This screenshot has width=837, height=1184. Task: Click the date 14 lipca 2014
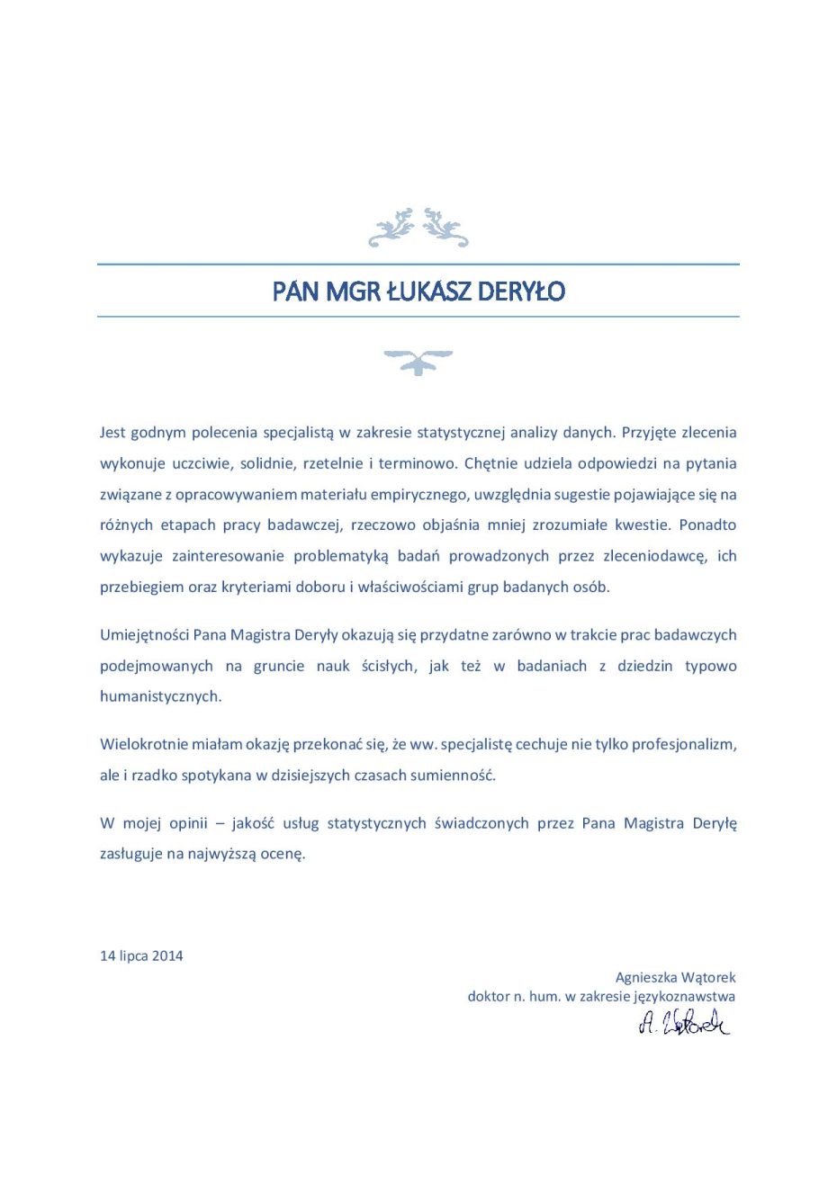(x=141, y=955)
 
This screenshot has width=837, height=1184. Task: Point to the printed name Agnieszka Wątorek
(x=675, y=977)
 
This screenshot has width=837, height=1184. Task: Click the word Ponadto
(x=707, y=525)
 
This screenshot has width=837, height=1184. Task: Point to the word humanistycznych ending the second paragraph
(x=160, y=696)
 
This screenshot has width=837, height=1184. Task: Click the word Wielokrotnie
(x=143, y=744)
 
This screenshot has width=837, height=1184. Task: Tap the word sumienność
(x=454, y=775)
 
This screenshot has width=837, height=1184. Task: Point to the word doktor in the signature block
(x=489, y=996)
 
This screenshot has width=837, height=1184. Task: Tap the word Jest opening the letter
(x=112, y=432)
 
